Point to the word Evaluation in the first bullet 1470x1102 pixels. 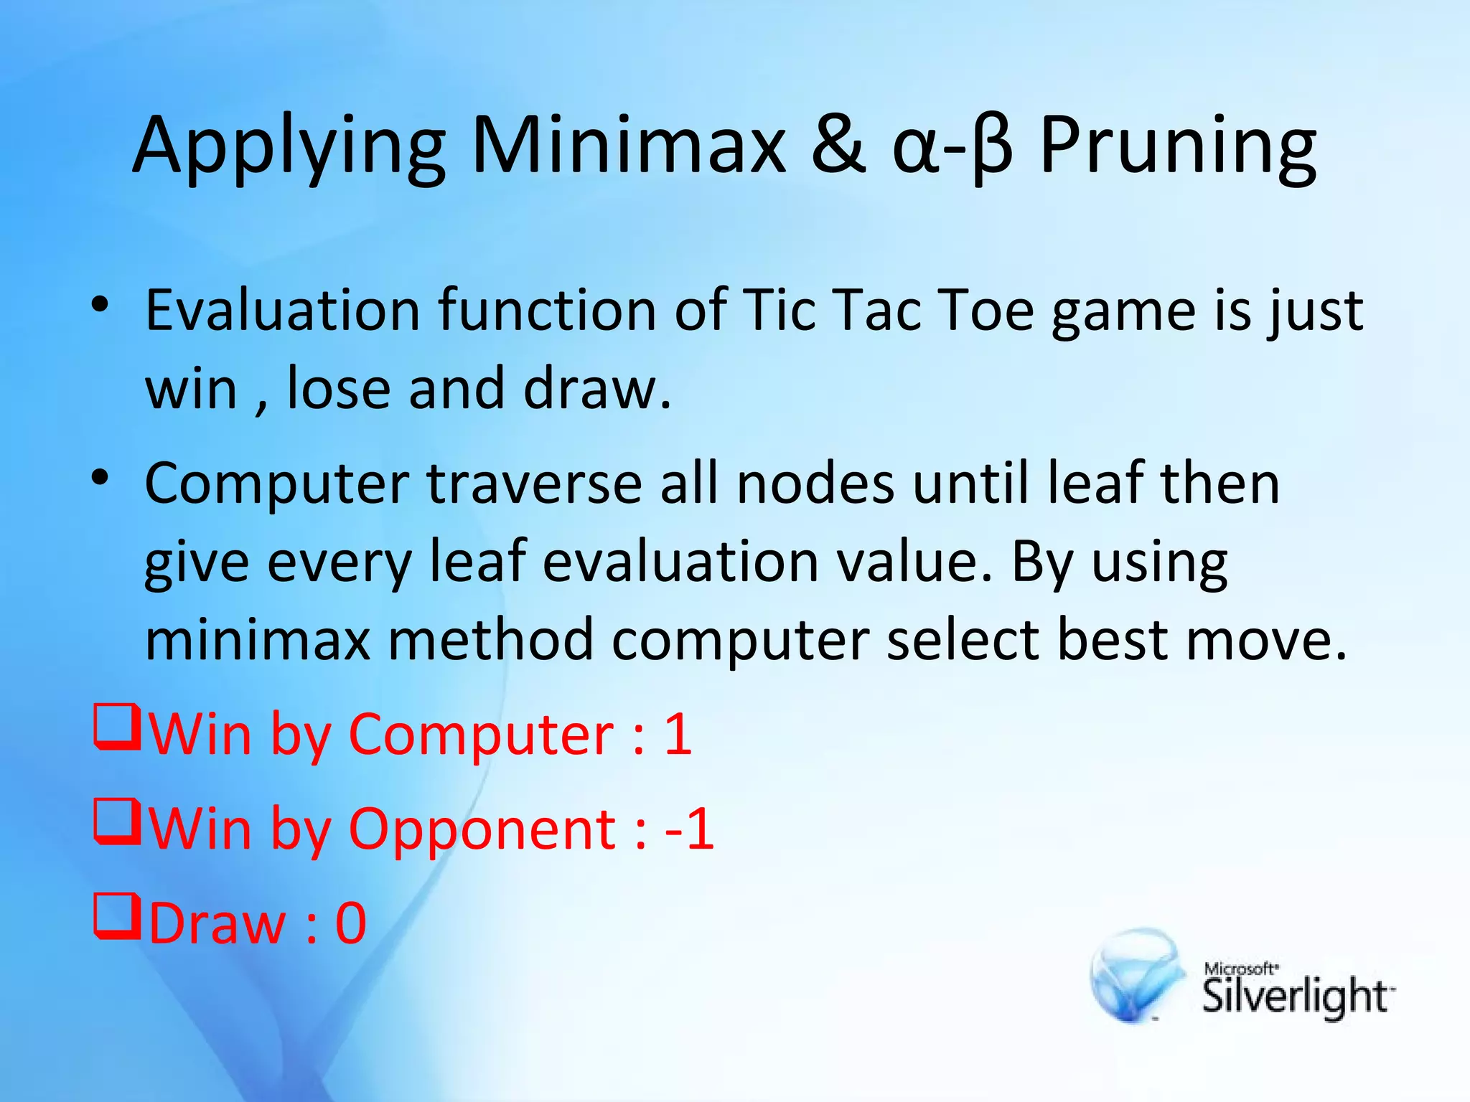coord(283,311)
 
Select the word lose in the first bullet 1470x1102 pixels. coord(339,388)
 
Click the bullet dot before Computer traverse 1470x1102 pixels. coord(100,476)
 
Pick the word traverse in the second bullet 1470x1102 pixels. coord(534,484)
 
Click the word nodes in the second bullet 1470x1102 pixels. coord(816,484)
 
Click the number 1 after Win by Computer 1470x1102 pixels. coord(678,734)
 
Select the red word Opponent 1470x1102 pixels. coord(482,829)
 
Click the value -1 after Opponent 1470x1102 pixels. coord(689,829)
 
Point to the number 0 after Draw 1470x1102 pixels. coord(351,923)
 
